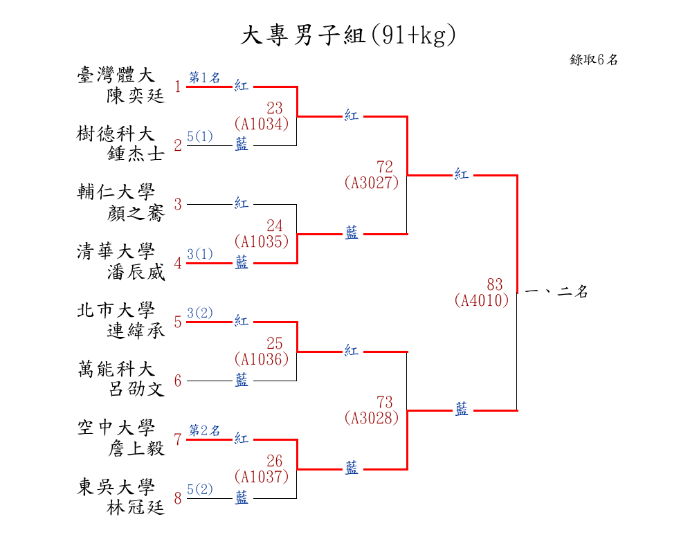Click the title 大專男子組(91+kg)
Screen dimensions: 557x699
coord(349,35)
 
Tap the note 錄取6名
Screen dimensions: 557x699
coord(594,60)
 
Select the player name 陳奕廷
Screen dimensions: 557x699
coord(136,95)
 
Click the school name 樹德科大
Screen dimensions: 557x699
coord(116,134)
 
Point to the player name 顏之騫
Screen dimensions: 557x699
coord(136,213)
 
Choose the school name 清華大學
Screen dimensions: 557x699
coord(116,251)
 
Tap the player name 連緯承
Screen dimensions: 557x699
coord(136,331)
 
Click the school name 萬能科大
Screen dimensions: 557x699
coord(116,369)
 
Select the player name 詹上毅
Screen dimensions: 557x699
coord(136,448)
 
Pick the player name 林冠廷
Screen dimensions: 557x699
coord(136,507)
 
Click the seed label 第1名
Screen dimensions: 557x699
coord(205,77)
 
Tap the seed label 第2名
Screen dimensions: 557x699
coord(205,430)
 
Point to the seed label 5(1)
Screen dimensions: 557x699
coord(200,136)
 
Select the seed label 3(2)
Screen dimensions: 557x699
coord(200,313)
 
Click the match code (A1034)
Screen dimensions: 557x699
coord(261,124)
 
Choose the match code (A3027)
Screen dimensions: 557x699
coord(371,183)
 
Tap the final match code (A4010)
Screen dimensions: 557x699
coord(482,300)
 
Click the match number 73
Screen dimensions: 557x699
coord(384,402)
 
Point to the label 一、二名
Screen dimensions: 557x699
coord(556,292)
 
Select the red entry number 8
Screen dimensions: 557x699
coord(178,498)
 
